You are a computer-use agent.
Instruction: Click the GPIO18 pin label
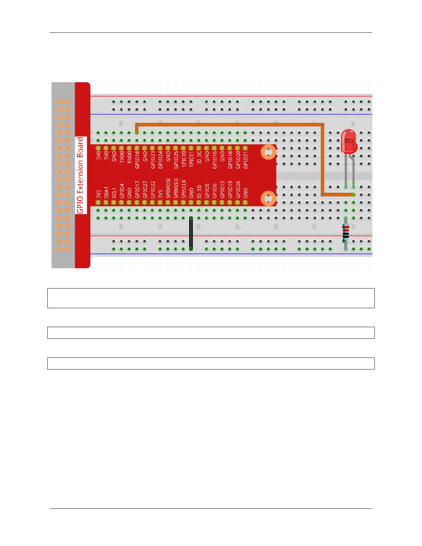click(137, 160)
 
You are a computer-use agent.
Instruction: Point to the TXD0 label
click(122, 156)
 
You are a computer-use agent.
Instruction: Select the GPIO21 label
click(245, 160)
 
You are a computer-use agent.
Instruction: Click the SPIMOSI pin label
click(168, 188)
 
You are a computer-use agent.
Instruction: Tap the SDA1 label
click(106, 192)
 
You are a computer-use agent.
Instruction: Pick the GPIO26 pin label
click(238, 190)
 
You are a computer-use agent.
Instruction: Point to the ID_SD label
click(199, 191)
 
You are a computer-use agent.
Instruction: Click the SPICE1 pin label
click(191, 159)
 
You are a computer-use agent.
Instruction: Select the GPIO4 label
click(122, 191)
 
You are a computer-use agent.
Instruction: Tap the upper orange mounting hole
click(268, 152)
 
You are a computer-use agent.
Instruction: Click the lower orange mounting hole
click(268, 198)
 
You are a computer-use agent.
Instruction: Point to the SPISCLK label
click(184, 189)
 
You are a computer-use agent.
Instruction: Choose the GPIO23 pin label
click(153, 160)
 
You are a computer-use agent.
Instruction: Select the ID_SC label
click(199, 157)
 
